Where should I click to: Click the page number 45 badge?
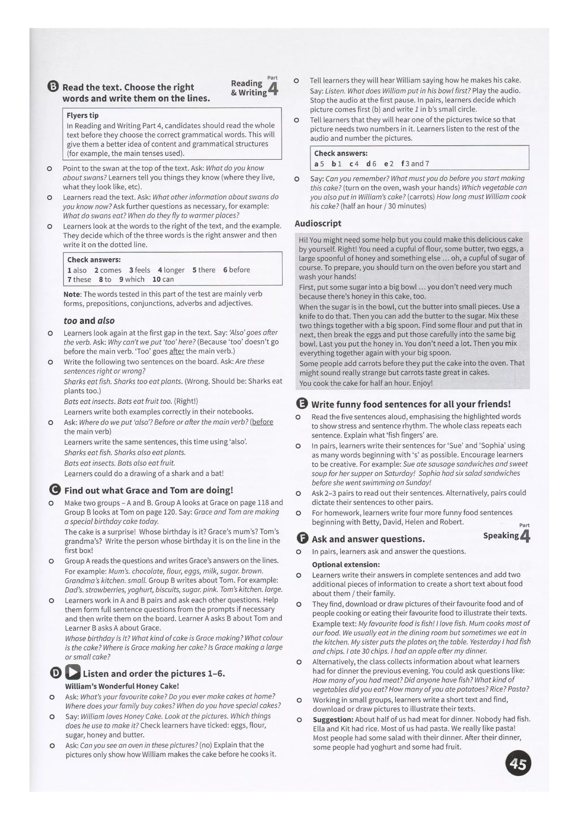tap(518, 764)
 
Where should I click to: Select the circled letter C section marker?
tap(55, 490)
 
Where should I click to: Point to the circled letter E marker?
tap(302, 404)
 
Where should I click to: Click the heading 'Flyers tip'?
tap(82, 115)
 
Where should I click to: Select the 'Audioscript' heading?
tap(318, 223)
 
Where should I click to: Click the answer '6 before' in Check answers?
tap(236, 270)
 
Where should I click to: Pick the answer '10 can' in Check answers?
tap(163, 279)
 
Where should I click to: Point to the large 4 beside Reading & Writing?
tap(273, 89)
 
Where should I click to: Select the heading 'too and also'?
tap(89, 320)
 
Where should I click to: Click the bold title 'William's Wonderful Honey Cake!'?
tap(122, 686)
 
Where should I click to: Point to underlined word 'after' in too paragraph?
tap(176, 351)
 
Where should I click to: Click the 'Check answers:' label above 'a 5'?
tap(340, 153)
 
